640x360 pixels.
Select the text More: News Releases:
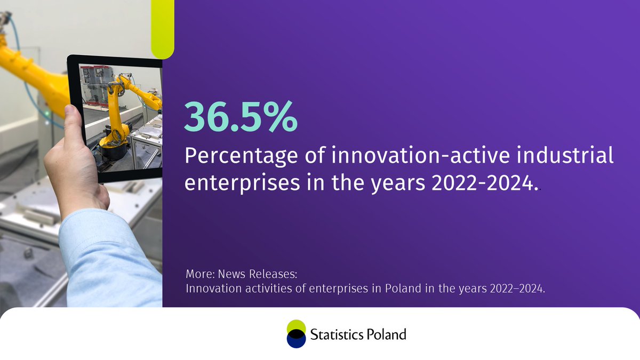[x=241, y=275]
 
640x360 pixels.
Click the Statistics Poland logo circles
[x=296, y=334]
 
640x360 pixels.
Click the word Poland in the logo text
[x=387, y=334]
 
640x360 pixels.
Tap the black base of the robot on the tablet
[x=115, y=149]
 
